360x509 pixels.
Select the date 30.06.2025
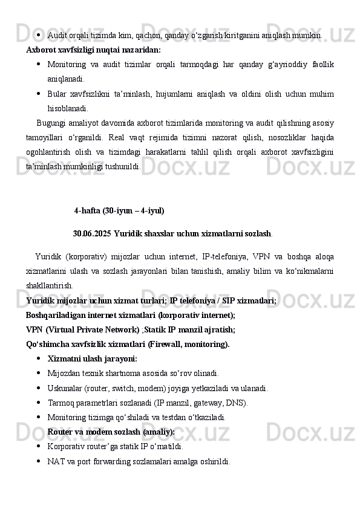pyautogui.click(x=92, y=233)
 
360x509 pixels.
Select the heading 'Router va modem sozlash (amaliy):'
pyautogui.click(x=111, y=432)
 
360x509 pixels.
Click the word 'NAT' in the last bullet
pyautogui.click(x=56, y=462)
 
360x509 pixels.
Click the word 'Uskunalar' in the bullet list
pyautogui.click(x=65, y=388)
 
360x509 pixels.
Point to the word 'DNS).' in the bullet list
pyautogui.click(x=237, y=403)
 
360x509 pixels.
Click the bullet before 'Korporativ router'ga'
pyautogui.click(x=39, y=447)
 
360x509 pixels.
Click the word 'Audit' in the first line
pyautogui.click(x=57, y=36)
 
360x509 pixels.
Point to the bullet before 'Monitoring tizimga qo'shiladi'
pyautogui.click(x=39, y=418)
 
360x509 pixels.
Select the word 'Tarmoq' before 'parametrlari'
pyautogui.click(x=61, y=403)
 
